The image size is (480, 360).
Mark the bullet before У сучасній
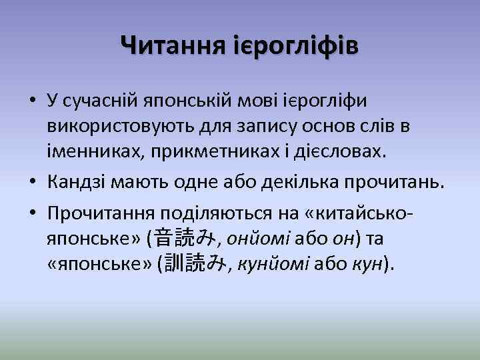(x=32, y=101)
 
